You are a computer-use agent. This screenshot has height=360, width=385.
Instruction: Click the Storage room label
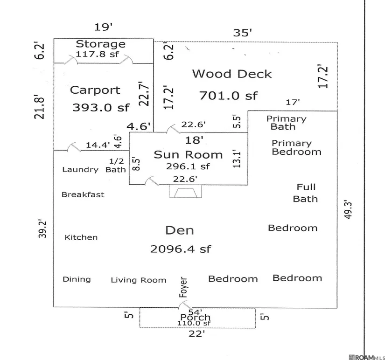pos(100,44)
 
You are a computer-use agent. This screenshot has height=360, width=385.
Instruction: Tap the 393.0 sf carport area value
pos(100,108)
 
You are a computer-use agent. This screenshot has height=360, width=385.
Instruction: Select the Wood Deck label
pos(232,74)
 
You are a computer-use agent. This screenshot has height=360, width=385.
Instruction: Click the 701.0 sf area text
pos(228,96)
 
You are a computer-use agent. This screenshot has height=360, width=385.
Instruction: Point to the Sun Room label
pos(188,155)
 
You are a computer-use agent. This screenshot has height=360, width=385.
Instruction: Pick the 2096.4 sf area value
pos(180,249)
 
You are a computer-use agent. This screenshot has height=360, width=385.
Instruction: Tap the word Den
pos(179,230)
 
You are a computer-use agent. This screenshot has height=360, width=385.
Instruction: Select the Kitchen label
pos(81,237)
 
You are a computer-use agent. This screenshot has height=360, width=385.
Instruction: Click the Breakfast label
pos(83,194)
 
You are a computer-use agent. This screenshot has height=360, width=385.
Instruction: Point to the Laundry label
pos(80,170)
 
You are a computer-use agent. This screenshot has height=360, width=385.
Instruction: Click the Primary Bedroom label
pos(296,147)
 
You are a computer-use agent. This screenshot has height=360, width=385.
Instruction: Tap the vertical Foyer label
pos(183,288)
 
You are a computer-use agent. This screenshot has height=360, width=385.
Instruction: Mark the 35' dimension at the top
pos(242,33)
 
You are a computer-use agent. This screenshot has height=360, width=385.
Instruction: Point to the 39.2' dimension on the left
pos(42,228)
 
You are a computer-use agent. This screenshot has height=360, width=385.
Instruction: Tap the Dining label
pos(77,279)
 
